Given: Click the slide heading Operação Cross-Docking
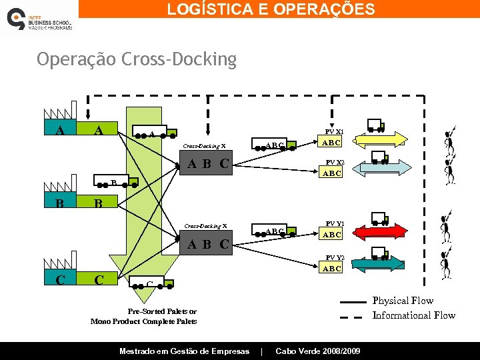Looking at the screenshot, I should pyautogui.click(x=137, y=60).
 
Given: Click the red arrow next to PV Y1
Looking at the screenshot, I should pyautogui.click(x=381, y=231).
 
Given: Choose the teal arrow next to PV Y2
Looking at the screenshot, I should pyautogui.click(x=381, y=265).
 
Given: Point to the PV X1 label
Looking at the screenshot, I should pyautogui.click(x=334, y=131).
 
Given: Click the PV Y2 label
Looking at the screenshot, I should pyautogui.click(x=334, y=257).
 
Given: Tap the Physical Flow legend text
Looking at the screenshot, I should pyautogui.click(x=403, y=301).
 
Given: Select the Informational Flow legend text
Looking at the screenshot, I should pyautogui.click(x=413, y=315).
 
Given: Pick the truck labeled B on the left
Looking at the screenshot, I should pyautogui.click(x=113, y=183).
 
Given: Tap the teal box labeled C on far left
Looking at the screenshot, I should pyautogui.click(x=60, y=280).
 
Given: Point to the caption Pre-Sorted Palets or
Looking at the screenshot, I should pyautogui.click(x=162, y=311).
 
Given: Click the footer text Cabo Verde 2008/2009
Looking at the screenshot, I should pyautogui.click(x=318, y=351).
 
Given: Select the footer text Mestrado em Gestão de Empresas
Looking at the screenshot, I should pyautogui.click(x=184, y=351).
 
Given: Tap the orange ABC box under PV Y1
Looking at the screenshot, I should pyautogui.click(x=331, y=235).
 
